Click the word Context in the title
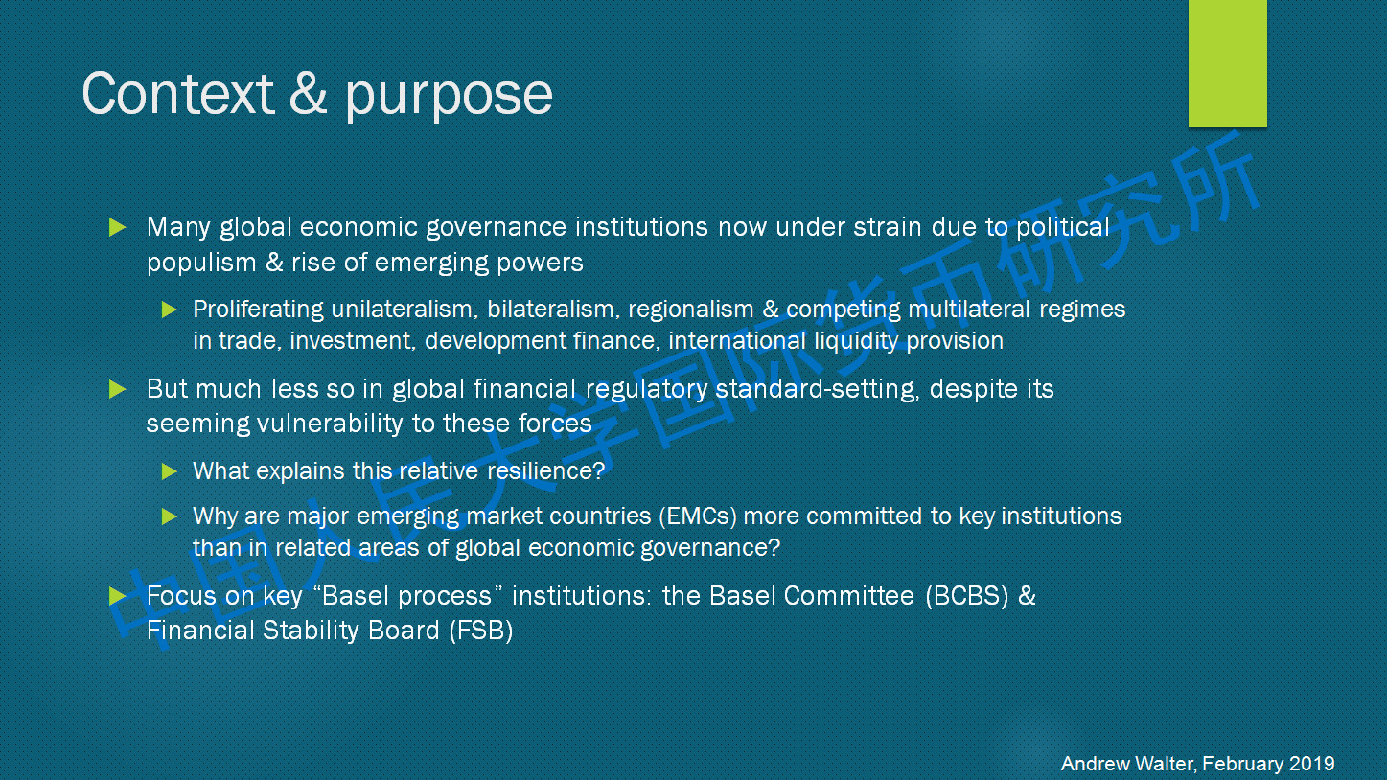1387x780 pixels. (177, 94)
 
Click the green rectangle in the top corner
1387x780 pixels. (1227, 63)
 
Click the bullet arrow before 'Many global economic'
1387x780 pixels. (118, 227)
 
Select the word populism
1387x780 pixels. (201, 264)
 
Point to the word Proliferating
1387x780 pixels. (258, 310)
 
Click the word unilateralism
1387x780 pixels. (405, 309)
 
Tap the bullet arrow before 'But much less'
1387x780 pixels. (118, 389)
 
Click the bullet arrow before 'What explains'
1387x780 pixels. (169, 471)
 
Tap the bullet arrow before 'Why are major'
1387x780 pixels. (169, 516)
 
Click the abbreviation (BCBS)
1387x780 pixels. (967, 596)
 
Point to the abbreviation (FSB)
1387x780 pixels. (481, 631)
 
